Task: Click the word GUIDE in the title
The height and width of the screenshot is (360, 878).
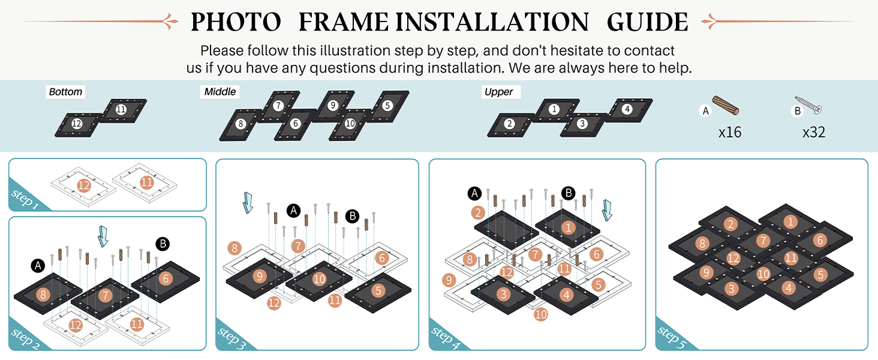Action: point(647,22)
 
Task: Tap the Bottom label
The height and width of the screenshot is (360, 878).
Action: point(65,92)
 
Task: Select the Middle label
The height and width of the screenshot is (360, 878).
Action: point(220,92)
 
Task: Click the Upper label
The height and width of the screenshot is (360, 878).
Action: point(498,92)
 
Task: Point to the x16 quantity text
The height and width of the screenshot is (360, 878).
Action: point(730,133)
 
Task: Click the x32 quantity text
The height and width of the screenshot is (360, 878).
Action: point(814,133)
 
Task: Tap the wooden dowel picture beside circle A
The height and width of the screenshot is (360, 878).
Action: point(725,105)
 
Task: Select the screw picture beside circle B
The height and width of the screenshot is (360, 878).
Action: point(808,106)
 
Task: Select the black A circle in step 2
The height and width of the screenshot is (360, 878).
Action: point(38,265)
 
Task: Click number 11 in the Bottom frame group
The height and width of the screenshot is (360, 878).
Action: point(121,110)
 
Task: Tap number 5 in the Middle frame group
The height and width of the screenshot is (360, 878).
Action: point(387,106)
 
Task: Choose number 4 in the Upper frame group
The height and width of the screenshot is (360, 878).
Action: point(627,109)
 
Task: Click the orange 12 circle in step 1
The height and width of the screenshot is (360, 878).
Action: point(84,185)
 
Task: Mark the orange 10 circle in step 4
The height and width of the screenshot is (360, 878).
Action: point(541,314)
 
